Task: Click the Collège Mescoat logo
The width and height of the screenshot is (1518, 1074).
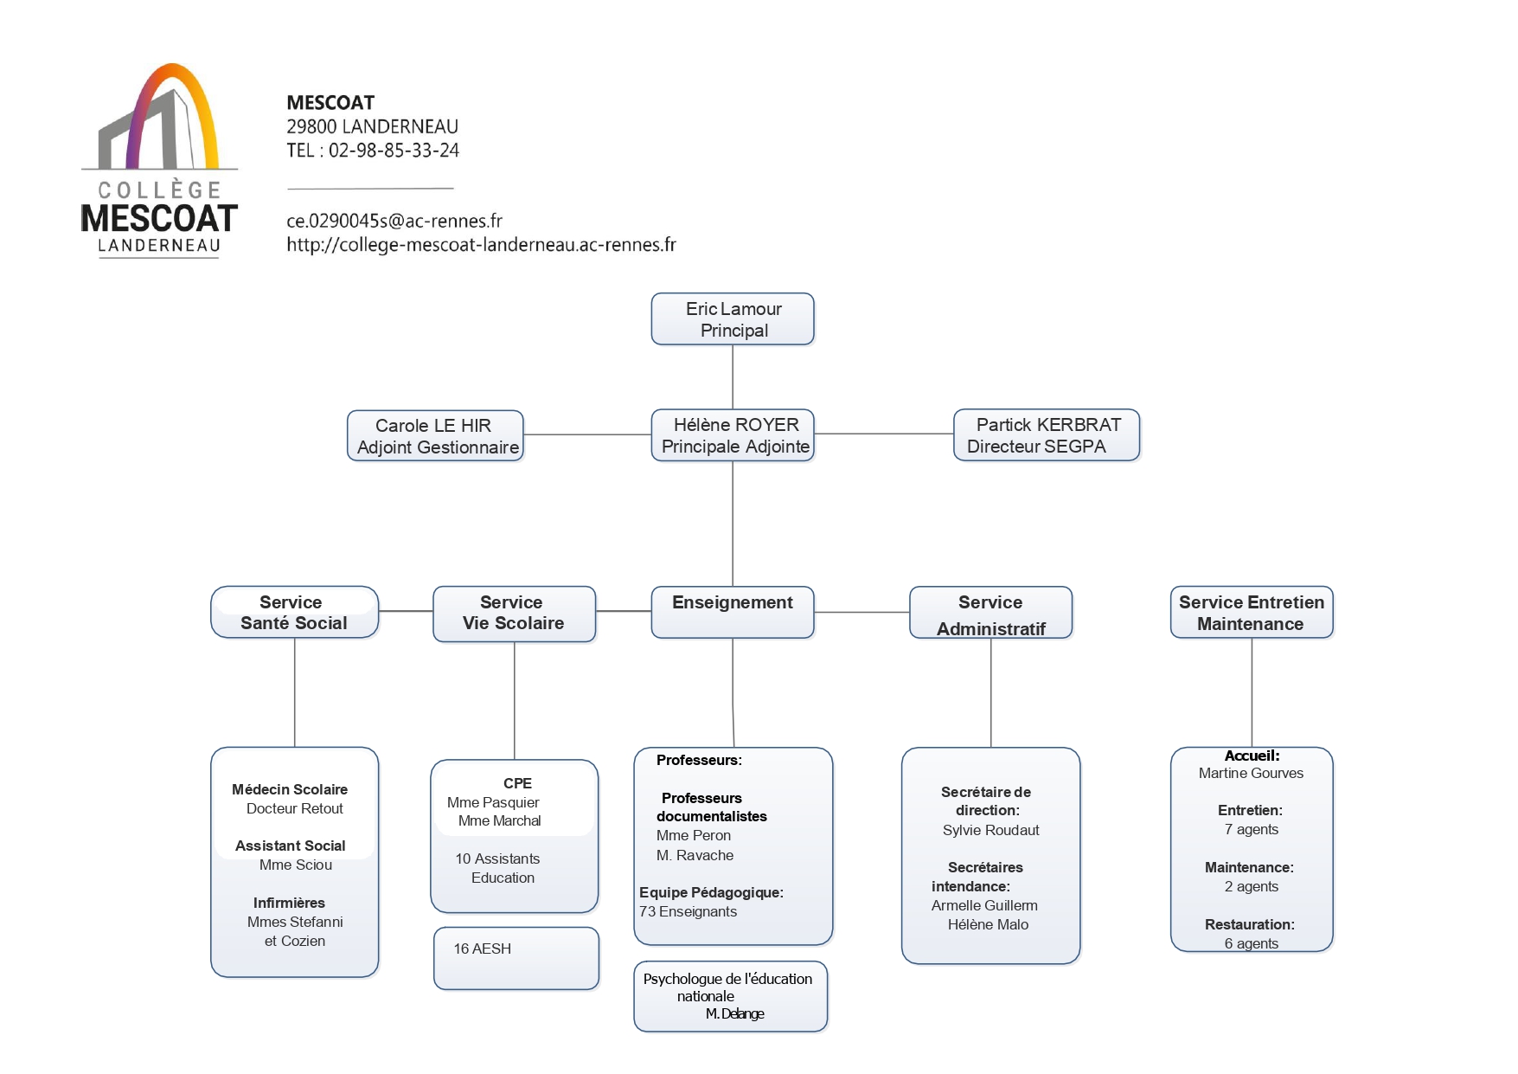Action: coord(159,160)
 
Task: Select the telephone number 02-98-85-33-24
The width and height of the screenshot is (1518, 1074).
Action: coord(394,151)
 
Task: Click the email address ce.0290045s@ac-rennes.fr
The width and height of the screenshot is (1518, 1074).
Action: coord(394,221)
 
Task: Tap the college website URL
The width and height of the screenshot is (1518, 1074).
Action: coord(481,245)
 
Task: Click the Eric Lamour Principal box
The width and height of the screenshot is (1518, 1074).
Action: coord(733,319)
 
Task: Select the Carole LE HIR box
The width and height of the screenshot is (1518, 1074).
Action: coord(435,436)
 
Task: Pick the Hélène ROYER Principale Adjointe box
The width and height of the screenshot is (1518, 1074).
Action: coord(733,435)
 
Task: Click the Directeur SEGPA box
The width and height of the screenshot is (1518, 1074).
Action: coord(1047,435)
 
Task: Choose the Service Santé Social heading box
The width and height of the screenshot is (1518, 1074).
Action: coord(295,613)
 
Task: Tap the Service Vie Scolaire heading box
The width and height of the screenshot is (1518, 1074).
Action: coord(515,614)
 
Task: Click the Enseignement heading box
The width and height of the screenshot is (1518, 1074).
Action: coord(733,613)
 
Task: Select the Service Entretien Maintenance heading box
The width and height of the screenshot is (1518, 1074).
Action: coord(1252,613)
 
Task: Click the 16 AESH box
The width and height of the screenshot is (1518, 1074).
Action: coord(516,959)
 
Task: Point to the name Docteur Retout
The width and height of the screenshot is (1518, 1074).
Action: coord(295,808)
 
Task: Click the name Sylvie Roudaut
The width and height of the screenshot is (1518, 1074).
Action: coord(991,830)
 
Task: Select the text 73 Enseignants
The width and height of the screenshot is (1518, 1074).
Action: coord(689,911)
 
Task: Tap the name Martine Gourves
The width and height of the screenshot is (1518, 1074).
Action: coord(1251,773)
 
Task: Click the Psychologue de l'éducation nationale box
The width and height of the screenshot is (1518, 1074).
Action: coord(731,997)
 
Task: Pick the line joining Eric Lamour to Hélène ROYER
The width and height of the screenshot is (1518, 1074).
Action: coord(733,377)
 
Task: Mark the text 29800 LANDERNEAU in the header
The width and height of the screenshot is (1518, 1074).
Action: coord(373,126)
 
